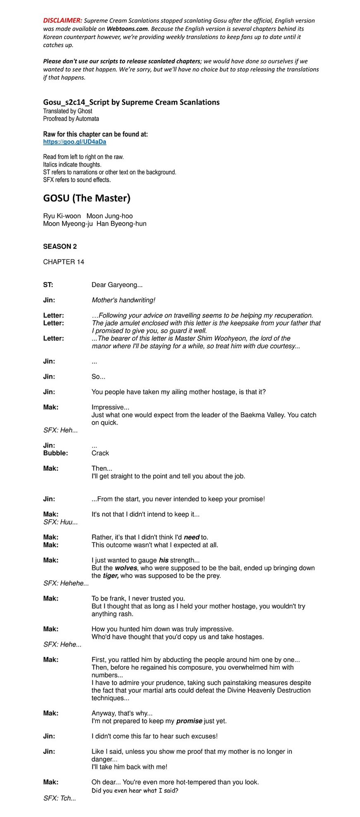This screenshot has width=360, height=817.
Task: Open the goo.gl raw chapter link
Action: coord(74,142)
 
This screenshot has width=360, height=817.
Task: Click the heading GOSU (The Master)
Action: coord(86,198)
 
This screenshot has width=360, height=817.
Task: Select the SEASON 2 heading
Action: coord(60,247)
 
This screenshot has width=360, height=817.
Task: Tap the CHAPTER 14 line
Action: coord(63,262)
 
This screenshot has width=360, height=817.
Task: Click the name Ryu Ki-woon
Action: coord(62,216)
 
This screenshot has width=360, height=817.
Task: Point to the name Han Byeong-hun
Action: coord(121,224)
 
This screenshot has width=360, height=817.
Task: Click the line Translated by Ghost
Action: coord(67,111)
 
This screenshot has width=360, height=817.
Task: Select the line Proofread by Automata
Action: coord(71,119)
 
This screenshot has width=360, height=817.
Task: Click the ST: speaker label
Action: coord(48,285)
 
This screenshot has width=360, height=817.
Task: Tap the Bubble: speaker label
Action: coord(55,453)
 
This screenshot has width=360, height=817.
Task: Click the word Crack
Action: coord(100,453)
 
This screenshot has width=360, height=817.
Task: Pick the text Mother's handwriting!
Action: coord(123,300)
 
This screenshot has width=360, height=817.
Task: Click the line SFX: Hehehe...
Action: coord(66,584)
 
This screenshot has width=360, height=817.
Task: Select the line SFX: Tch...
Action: coord(60,798)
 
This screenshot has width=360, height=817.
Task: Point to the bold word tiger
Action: coord(110,576)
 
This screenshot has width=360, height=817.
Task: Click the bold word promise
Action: coord(189,721)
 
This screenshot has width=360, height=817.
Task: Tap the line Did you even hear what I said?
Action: coord(135,791)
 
